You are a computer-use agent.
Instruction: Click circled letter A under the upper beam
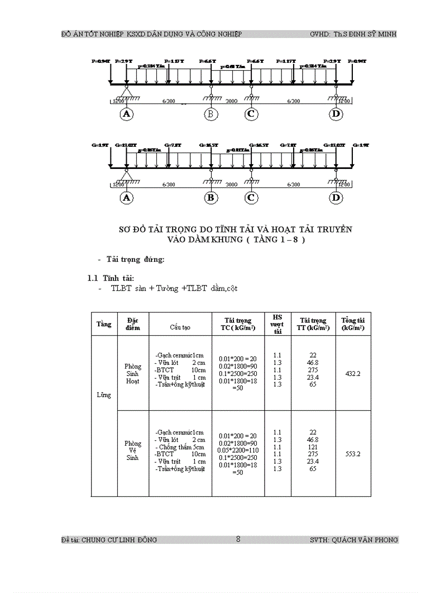126,114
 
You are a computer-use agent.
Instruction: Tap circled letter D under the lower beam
336,198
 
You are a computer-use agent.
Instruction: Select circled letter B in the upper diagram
211,114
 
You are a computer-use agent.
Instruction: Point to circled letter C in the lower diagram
251,198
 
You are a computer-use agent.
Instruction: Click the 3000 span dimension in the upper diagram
231,101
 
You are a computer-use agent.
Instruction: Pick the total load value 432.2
353,373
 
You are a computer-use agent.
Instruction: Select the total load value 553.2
353,454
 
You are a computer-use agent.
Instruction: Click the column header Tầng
104,324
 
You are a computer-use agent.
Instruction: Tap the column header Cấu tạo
180,327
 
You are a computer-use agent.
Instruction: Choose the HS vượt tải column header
277,324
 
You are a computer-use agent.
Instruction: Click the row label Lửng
104,395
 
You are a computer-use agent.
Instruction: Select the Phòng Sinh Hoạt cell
133,373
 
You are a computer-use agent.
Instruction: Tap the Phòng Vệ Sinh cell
133,450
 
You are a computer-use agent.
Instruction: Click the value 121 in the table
313,447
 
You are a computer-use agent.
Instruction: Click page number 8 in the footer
238,539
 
